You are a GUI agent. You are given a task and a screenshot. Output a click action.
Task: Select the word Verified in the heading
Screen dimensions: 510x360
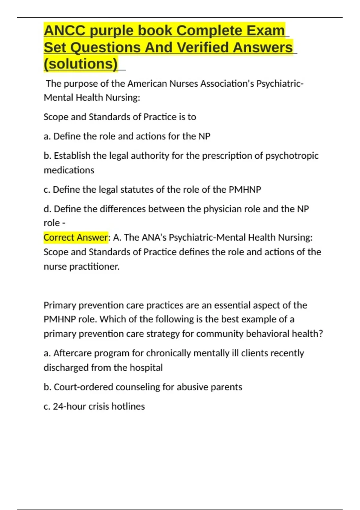coord(203,47)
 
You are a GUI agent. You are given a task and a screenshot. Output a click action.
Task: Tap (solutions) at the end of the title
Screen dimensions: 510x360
coord(81,64)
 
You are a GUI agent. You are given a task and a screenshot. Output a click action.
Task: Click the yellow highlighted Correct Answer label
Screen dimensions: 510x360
coord(76,238)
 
